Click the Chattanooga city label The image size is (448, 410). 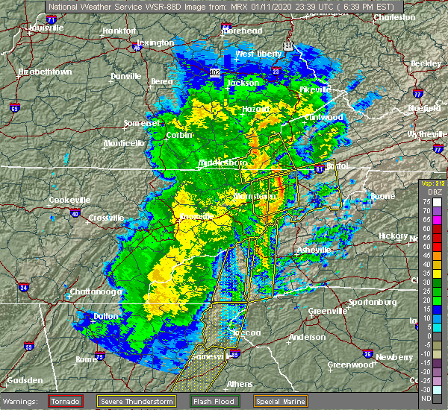click(96, 292)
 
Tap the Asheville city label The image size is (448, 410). click(314, 250)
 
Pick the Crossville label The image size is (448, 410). click(106, 217)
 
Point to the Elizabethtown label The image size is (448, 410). click(45, 72)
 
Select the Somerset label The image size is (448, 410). click(142, 122)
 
